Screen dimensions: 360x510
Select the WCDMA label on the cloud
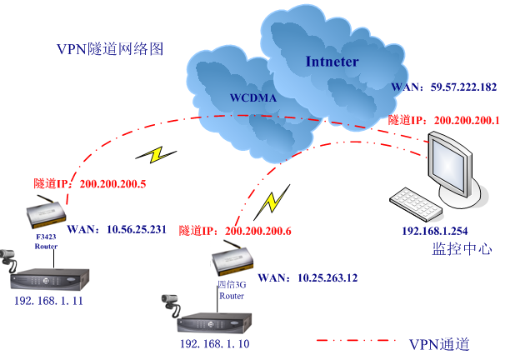coord(252,97)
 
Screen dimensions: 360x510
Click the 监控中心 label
coord(462,248)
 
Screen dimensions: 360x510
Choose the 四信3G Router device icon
coord(231,260)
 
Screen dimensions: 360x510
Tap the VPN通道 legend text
coord(440,343)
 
